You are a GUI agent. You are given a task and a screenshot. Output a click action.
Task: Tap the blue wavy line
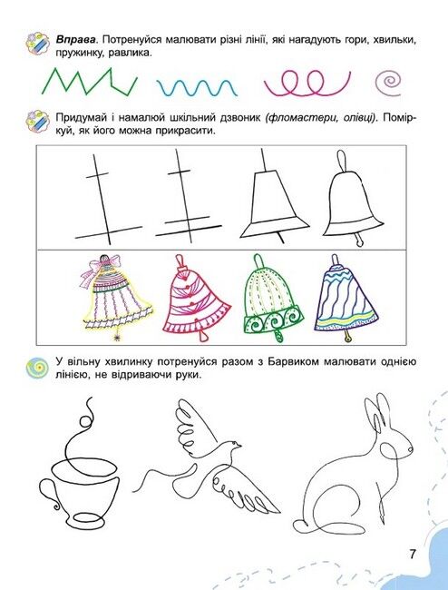(197, 88)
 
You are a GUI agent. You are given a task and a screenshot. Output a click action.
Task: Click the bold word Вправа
(76, 40)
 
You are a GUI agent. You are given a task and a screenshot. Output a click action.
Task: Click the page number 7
(413, 554)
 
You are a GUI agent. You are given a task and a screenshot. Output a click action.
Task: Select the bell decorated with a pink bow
(114, 297)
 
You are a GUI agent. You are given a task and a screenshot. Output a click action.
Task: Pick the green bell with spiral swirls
(272, 297)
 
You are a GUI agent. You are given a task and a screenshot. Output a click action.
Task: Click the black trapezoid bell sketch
(274, 196)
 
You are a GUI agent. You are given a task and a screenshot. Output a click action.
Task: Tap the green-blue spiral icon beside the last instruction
(37, 368)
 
